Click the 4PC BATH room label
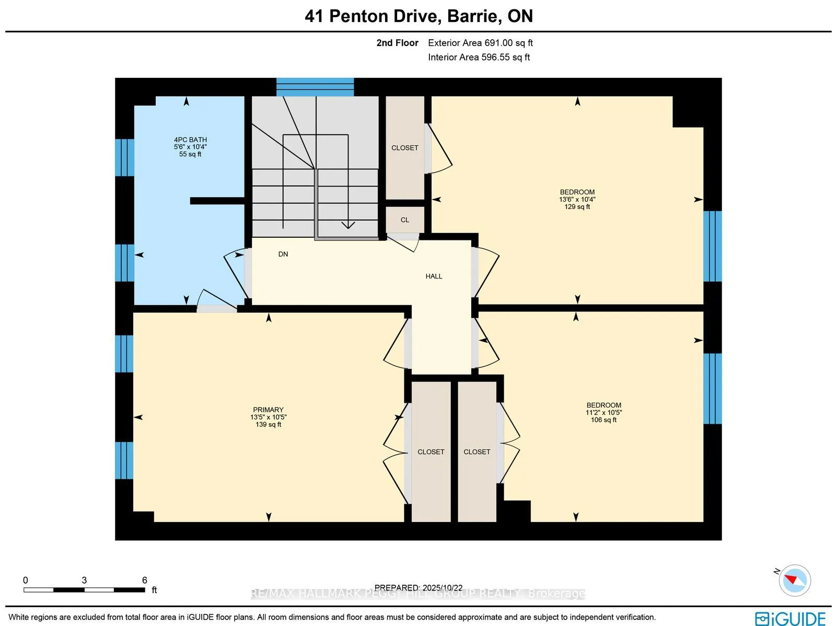coord(190,140)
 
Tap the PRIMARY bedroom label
coord(268,410)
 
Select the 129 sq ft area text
coord(577,207)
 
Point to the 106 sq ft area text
coord(603,420)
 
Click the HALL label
coord(434,276)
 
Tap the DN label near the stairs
coord(283,254)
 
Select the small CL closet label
coord(405,220)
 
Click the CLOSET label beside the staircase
coord(405,148)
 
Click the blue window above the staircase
coord(315,87)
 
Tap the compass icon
coord(795,580)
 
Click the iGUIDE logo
coord(790,618)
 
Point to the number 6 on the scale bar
coord(145,580)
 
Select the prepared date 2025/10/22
coord(419,588)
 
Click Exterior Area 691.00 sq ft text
coord(480,43)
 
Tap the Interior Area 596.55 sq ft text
coord(479,57)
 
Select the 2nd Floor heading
coord(397,43)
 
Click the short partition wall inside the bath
coord(217,201)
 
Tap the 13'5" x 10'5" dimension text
coord(268,417)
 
